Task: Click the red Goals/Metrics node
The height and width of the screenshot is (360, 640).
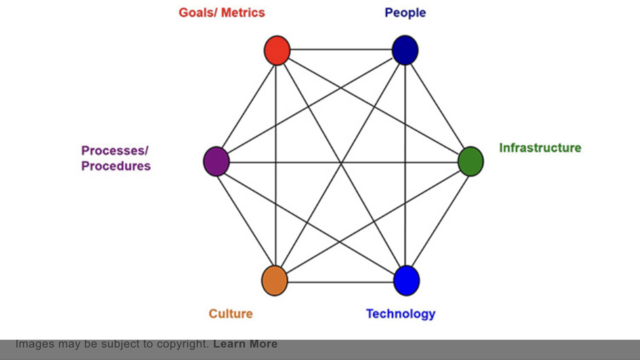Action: [277, 50]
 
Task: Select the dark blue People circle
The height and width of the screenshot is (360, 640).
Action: [404, 50]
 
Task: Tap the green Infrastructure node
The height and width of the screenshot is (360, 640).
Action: [470, 161]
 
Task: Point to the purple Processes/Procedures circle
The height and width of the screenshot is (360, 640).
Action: [216, 160]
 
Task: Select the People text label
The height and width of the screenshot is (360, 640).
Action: [405, 13]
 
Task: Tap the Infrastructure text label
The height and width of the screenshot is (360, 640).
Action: [540, 148]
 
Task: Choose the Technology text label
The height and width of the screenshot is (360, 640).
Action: [400, 314]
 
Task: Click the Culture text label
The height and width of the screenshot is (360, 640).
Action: [230, 314]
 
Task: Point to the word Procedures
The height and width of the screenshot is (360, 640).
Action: [116, 167]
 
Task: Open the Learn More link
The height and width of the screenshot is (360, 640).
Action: [245, 345]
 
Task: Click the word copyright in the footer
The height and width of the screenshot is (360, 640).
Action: [178, 345]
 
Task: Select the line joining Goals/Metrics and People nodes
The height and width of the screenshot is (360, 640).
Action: [340, 50]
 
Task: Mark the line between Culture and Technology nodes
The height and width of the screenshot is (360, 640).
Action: [340, 281]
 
